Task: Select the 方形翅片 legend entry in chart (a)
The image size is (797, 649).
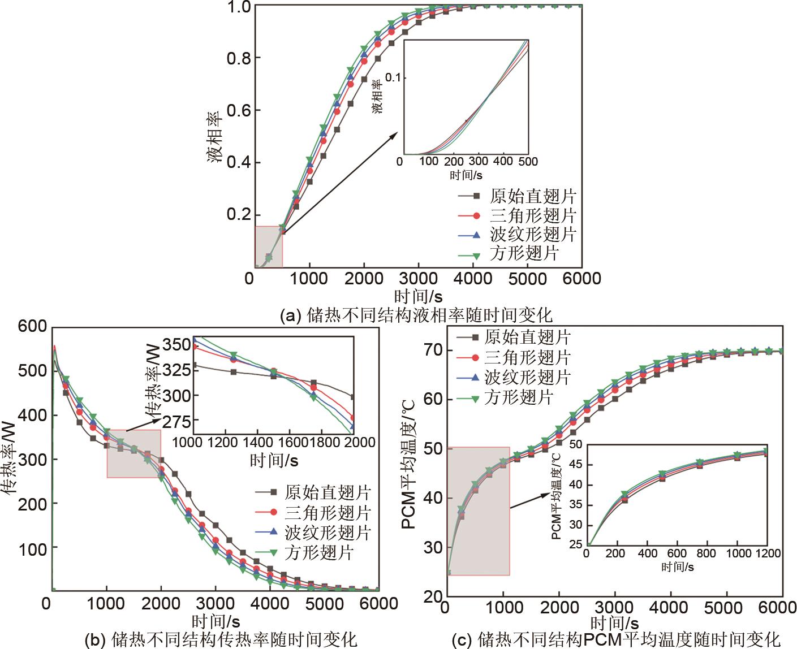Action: pyautogui.click(x=525, y=253)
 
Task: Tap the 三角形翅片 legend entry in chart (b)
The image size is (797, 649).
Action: pyautogui.click(x=328, y=513)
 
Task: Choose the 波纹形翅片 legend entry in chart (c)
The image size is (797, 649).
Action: pyautogui.click(x=528, y=377)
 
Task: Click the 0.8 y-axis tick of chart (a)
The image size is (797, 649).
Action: pyautogui.click(x=239, y=58)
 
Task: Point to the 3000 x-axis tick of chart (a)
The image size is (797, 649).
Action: pyautogui.click(x=418, y=278)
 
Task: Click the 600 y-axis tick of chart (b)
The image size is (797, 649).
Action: pyautogui.click(x=32, y=326)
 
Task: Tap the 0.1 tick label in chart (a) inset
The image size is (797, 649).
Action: pyautogui.click(x=394, y=77)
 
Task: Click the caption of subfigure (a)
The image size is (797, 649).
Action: pyautogui.click(x=416, y=314)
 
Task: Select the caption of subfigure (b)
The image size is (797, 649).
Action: pyautogui.click(x=221, y=639)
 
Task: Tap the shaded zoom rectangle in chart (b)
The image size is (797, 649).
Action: pyautogui.click(x=133, y=453)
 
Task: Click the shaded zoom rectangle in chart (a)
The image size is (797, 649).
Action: pyautogui.click(x=268, y=246)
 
